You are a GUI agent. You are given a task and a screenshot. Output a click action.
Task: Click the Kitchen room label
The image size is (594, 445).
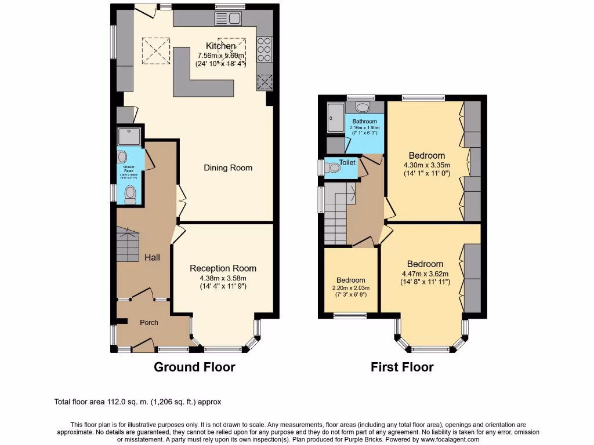[221, 46]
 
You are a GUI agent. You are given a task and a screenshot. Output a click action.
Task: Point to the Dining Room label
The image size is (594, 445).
[228, 168]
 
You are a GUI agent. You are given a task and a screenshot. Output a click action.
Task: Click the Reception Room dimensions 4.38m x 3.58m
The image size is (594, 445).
[223, 278]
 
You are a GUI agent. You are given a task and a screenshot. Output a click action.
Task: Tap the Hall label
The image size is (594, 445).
[152, 257]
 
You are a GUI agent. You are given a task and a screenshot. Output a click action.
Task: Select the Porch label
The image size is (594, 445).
[149, 323]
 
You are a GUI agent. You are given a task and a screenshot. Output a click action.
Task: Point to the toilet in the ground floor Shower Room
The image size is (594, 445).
[131, 194]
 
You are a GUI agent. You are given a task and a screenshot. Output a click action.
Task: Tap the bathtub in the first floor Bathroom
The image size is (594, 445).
[335, 119]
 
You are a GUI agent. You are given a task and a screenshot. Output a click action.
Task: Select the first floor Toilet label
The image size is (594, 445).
[347, 163]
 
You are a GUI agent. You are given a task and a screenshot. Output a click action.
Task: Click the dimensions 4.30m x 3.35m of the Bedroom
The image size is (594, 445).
[427, 165]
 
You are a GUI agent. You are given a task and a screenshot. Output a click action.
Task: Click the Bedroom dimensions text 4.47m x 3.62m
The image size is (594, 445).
[425, 274]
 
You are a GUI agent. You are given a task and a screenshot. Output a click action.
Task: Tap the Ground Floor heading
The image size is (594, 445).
[194, 367]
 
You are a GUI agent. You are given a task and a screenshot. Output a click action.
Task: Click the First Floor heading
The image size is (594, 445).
[402, 367]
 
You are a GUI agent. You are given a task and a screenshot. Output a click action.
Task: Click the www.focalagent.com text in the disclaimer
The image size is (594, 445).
[447, 439]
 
